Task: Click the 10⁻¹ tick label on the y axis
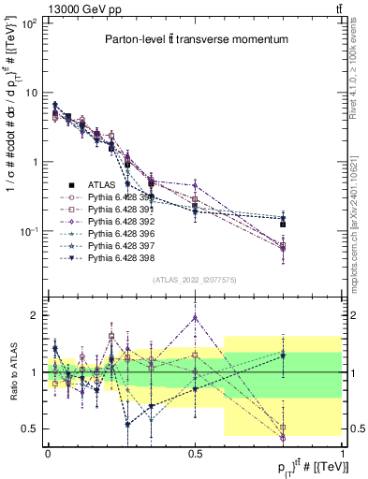click(29, 231)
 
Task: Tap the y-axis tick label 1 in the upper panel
click(36, 162)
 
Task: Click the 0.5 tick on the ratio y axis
click(33, 429)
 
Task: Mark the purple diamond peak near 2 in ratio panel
click(195, 317)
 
